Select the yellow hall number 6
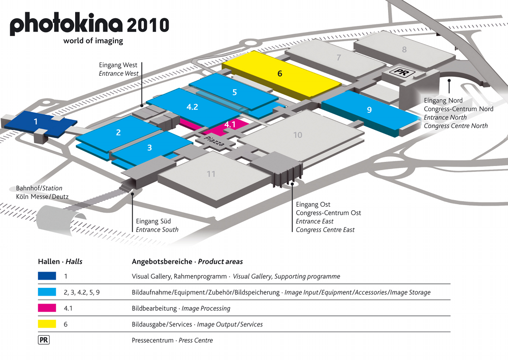point(280,74)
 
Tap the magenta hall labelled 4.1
point(230,124)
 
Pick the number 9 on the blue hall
point(369,110)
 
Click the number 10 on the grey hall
point(298,135)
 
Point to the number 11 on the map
point(211,174)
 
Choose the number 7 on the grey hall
point(338,58)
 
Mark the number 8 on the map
point(404,50)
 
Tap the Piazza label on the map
point(215,140)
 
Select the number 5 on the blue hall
point(234,92)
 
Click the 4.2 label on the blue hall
point(192,107)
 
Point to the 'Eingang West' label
point(119,65)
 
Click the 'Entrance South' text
point(157,230)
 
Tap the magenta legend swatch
point(47,308)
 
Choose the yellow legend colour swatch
point(47,324)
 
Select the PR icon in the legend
point(44,340)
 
